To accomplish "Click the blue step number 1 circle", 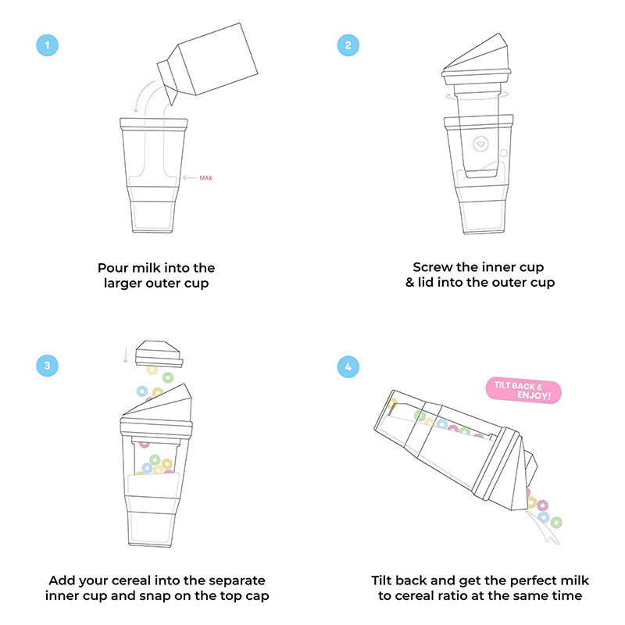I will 48,45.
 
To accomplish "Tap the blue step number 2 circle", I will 348,45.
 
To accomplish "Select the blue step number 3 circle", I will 48,365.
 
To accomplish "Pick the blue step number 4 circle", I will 348,365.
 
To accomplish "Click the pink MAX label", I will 206,178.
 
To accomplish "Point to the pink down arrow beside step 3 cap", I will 125,355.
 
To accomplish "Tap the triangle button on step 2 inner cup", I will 480,145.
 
